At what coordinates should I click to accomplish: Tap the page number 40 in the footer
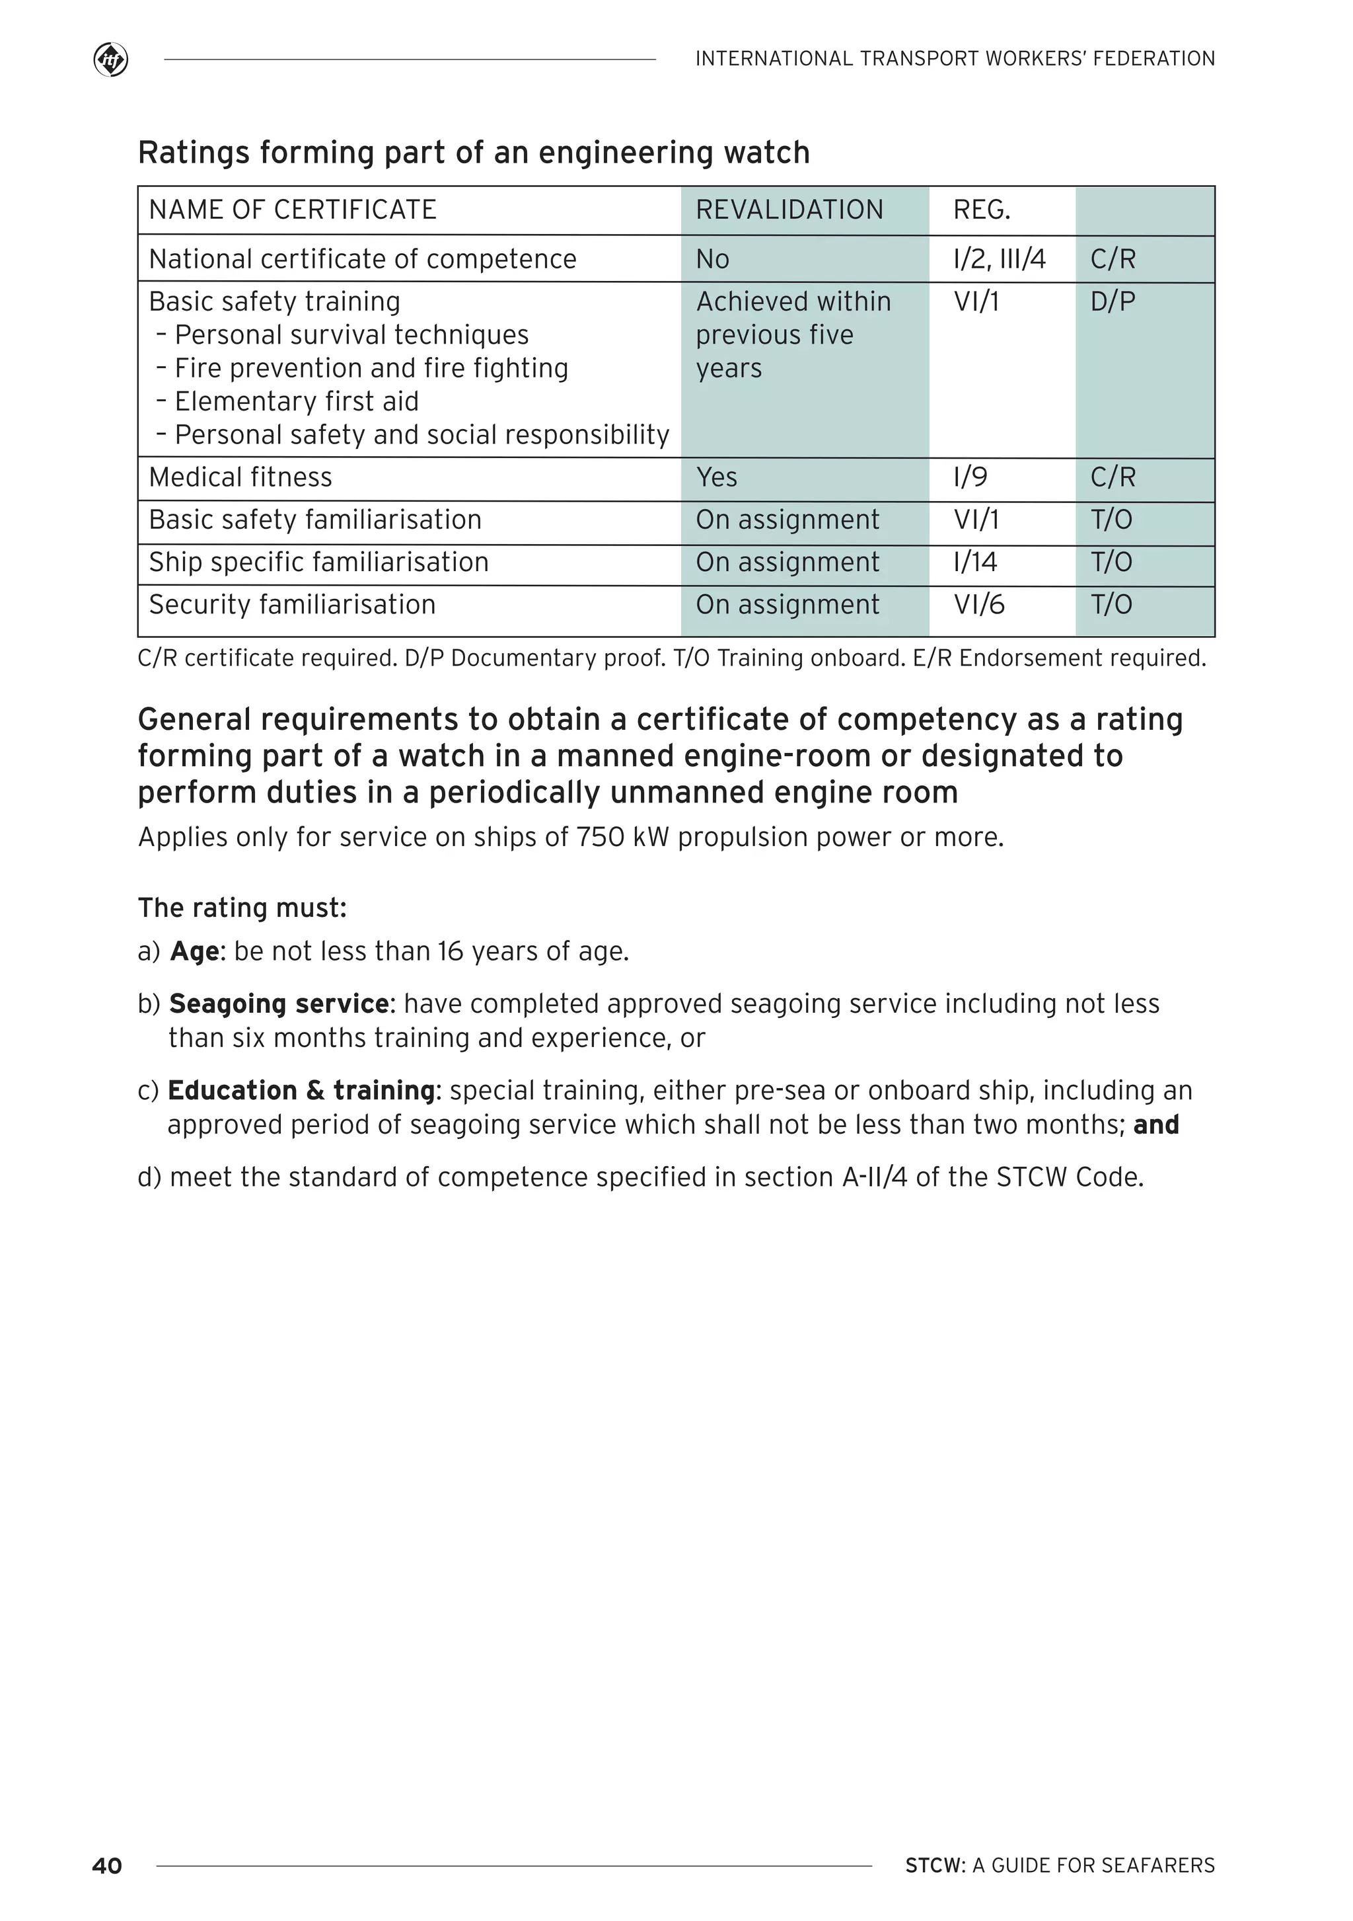107,1865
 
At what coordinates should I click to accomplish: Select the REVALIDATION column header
789,210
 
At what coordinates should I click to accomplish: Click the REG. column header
982,210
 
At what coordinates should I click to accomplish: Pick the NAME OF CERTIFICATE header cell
293,210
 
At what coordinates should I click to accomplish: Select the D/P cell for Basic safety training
1112,301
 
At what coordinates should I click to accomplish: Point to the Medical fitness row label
240,478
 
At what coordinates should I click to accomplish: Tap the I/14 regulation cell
975,563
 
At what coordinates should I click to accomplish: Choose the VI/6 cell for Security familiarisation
978,605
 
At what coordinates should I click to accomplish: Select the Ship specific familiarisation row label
318,563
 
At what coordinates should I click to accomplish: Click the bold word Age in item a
195,952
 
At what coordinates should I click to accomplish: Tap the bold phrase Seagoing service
278,1004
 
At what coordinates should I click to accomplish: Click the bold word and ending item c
1155,1125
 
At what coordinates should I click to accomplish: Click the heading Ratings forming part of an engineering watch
473,153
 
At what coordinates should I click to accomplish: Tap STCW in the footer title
935,1865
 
